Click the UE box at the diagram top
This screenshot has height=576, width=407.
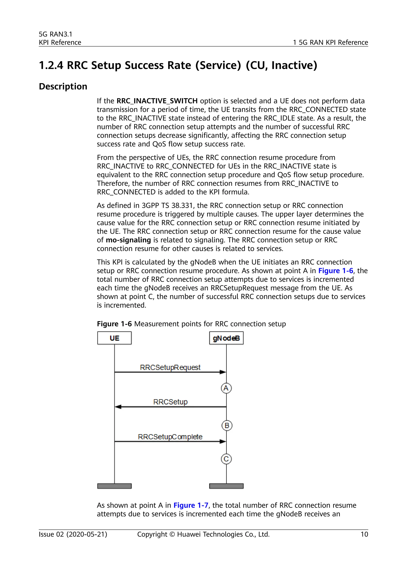114,338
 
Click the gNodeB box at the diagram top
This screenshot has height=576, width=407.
226,338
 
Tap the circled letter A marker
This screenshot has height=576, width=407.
226,388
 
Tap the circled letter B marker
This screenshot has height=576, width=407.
227,425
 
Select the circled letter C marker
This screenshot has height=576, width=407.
226,459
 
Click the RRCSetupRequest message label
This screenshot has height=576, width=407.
170,367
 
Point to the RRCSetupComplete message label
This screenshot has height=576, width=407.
170,437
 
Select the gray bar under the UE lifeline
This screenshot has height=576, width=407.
114,486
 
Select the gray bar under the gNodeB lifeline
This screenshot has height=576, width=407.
226,486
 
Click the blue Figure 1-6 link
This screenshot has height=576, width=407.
336,271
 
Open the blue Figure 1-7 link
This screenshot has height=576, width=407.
191,505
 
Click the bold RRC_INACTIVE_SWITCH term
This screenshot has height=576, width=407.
157,101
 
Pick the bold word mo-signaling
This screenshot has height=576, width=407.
128,240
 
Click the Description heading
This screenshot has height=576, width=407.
63,86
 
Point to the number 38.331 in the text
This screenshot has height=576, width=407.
182,205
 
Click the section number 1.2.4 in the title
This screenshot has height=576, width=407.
51,65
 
